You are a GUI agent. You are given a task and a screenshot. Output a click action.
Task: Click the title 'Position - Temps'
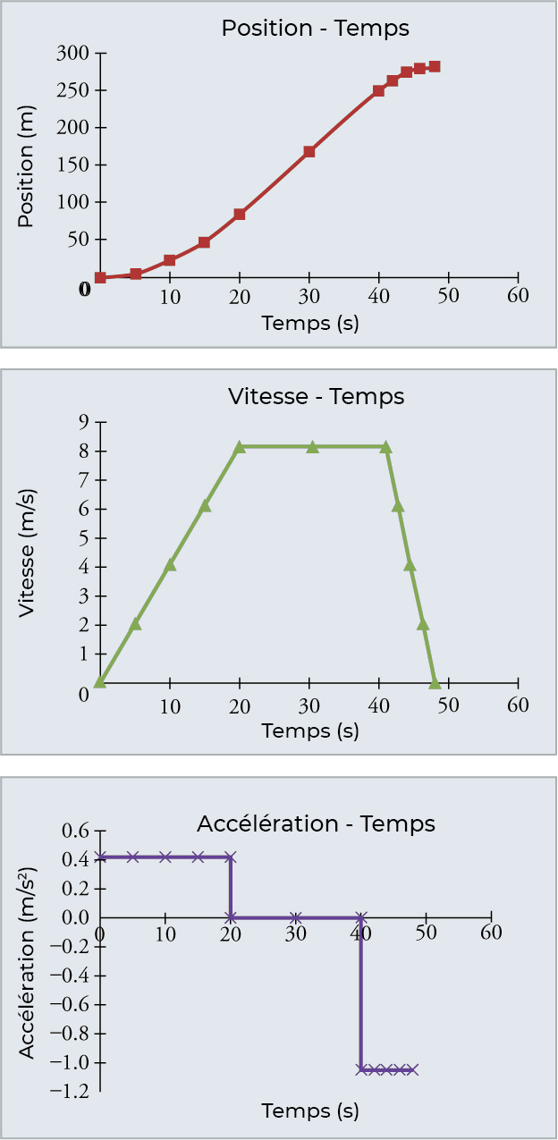pos(315,28)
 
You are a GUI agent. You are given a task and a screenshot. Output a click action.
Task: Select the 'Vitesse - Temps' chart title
pos(316,396)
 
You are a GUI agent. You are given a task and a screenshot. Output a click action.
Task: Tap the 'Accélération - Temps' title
pos(316,823)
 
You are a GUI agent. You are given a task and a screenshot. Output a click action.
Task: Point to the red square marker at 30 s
pos(309,152)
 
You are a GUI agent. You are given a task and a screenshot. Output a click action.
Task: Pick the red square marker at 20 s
pos(240,215)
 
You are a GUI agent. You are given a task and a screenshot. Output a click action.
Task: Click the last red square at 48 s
pos(434,66)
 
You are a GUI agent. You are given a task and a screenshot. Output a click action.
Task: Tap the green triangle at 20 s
pos(240,446)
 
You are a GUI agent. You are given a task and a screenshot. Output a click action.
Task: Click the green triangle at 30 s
pos(313,446)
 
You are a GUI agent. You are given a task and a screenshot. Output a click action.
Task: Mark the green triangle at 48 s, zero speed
pos(435,683)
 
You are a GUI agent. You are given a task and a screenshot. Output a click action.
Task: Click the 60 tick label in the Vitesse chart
pos(518,705)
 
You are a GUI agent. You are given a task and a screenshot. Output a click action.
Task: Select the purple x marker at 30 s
pos(296,917)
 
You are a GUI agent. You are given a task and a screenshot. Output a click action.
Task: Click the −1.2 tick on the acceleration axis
pos(70,1092)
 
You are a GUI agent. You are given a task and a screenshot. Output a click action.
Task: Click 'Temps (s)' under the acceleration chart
pos(309,1111)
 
